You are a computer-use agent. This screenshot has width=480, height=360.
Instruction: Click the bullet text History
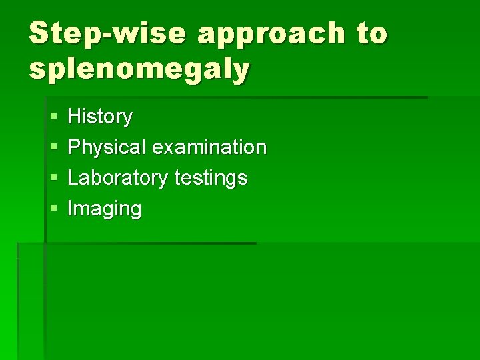100,117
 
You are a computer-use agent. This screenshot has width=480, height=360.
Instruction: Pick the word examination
209,147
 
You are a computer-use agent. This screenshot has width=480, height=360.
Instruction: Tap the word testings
211,178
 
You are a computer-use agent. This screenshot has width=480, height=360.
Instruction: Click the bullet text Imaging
105,209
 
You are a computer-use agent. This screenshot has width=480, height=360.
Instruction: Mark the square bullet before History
53,117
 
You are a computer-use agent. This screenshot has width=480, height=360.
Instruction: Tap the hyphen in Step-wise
109,35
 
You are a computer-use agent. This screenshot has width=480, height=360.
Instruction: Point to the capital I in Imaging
71,209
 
